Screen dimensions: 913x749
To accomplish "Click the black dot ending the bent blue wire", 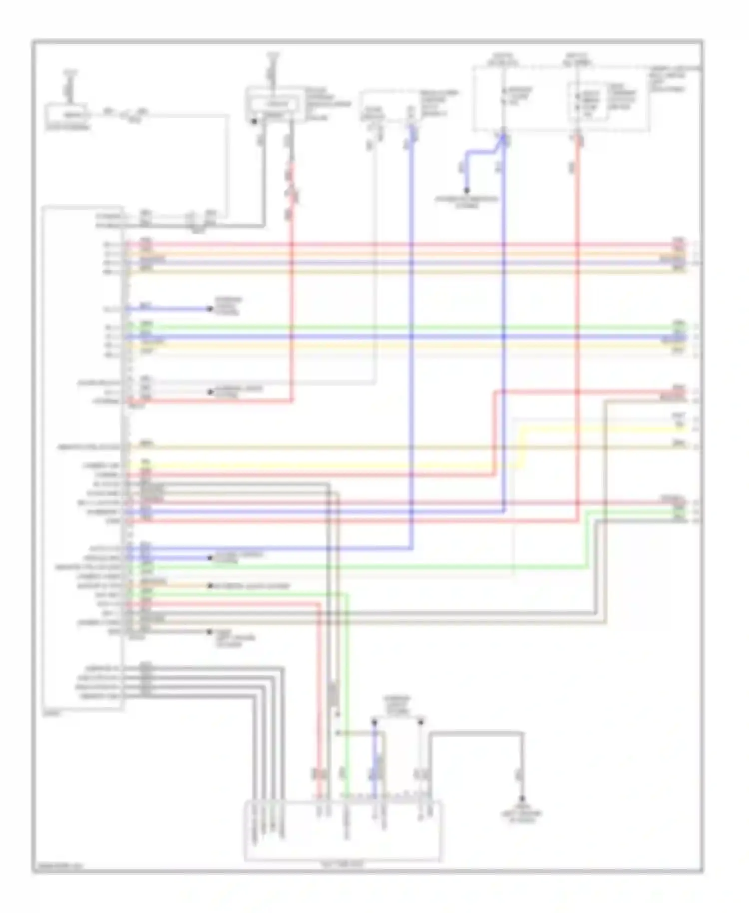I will (467, 190).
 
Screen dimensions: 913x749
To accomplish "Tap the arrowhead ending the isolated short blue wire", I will (210, 309).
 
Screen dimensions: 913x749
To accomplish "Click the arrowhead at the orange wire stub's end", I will (210, 585).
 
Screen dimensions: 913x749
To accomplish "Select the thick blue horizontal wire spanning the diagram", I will (399, 337).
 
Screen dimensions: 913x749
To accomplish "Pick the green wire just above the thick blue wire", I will (399, 327).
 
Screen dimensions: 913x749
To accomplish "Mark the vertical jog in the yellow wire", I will (522, 448).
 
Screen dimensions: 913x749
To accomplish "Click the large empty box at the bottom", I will (343, 832).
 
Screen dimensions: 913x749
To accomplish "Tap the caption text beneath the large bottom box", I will (343, 864).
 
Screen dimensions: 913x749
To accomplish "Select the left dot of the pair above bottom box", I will (374, 721).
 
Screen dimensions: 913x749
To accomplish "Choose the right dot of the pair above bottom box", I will (421, 721).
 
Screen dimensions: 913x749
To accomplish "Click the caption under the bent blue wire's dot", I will (467, 202).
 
